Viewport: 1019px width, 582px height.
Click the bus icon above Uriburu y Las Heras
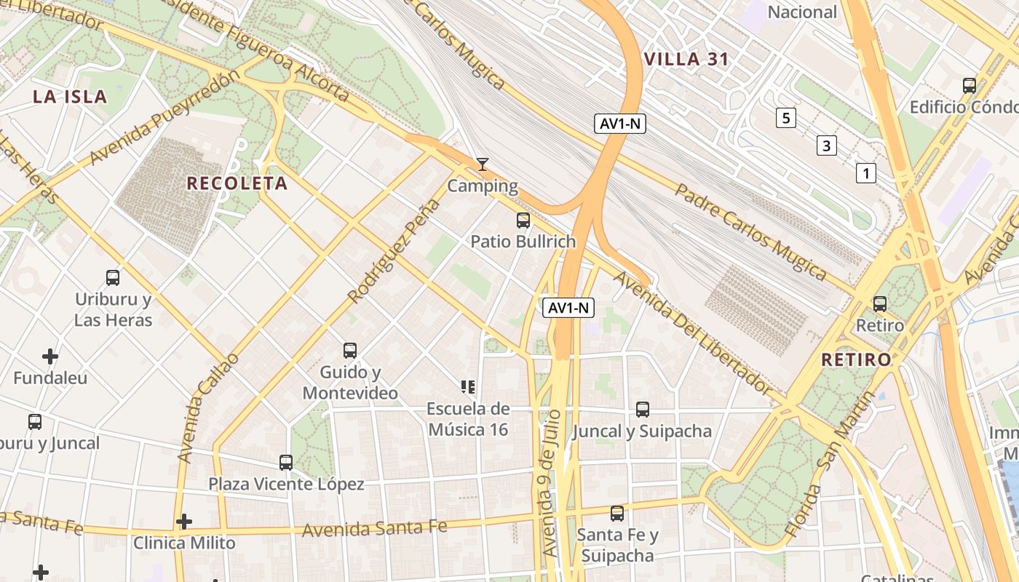pos(113,277)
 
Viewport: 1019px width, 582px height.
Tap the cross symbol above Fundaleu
pos(50,356)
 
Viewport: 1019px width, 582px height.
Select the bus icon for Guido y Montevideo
pos(350,351)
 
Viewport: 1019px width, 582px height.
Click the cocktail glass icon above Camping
pos(482,164)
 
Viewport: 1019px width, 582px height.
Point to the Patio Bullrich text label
pos(523,242)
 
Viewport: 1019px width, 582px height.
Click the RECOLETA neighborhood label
pos(237,183)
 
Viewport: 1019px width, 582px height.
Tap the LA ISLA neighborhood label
pos(70,97)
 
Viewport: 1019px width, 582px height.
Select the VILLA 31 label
pos(686,60)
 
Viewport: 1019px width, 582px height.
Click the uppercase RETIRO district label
pos(856,359)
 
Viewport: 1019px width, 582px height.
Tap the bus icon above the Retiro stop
pos(880,303)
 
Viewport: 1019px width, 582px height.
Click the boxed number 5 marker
pos(785,117)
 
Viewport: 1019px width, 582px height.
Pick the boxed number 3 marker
pos(825,145)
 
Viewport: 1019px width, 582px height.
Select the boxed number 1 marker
pos(865,173)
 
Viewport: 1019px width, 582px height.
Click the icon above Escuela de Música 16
pos(467,386)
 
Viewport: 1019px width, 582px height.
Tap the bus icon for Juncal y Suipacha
pos(642,409)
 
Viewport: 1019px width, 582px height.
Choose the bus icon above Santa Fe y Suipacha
pos(617,513)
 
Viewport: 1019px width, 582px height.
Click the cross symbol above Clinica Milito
pos(184,521)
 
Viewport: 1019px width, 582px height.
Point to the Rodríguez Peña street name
pos(394,251)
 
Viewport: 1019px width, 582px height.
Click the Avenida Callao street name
pos(207,407)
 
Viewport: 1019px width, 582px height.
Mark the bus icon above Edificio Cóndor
pos(970,85)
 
